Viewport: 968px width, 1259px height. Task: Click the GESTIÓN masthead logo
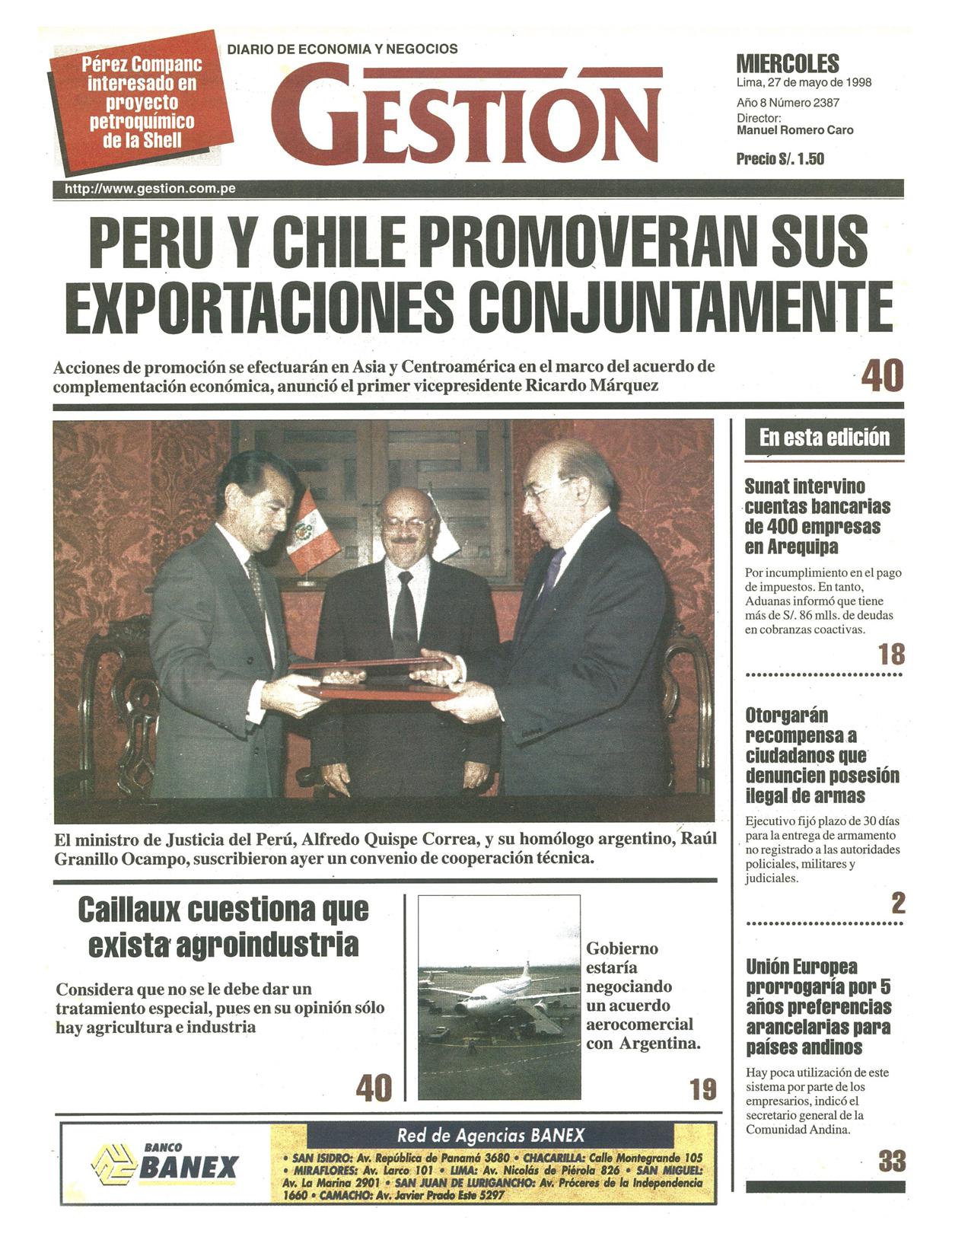(466, 114)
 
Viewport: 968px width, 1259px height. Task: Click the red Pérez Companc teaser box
(141, 103)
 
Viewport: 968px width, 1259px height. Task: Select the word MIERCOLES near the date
(788, 64)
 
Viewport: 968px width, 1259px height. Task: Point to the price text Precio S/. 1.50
(780, 159)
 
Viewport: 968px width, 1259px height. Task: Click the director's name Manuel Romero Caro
(794, 131)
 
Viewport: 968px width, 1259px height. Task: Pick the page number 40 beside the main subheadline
(882, 375)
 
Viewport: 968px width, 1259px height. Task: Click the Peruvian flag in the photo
(313, 533)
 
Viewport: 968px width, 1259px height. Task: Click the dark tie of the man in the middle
(404, 609)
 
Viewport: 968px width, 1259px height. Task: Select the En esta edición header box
(824, 438)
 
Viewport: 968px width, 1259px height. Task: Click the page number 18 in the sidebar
(891, 655)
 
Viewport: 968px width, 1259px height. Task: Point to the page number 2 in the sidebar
(898, 904)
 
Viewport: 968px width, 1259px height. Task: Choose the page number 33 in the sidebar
(892, 1162)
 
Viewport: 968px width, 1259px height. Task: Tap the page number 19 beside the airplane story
(703, 1090)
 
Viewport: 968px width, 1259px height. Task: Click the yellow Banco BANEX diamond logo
(113, 1165)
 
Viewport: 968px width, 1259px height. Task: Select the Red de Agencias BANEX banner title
(491, 1136)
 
